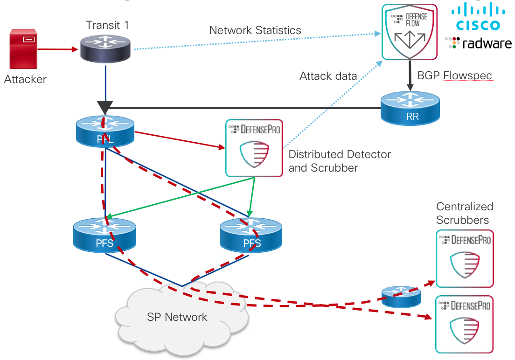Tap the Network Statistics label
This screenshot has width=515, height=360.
255,31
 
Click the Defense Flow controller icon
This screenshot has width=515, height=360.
409,32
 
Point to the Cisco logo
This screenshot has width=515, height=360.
478,17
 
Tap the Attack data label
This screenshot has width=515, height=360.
328,76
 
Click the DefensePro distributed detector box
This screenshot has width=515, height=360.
254,148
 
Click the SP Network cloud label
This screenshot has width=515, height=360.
177,318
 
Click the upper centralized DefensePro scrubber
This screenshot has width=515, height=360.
465,258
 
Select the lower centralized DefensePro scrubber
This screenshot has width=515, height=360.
465,324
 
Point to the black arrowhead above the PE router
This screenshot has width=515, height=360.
106,108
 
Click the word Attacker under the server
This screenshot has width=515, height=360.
26,79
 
